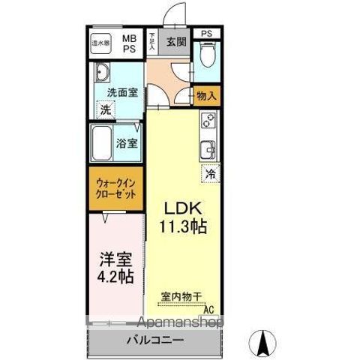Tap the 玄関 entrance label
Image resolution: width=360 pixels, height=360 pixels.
(x=176, y=41)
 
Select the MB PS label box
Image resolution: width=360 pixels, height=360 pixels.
(x=130, y=42)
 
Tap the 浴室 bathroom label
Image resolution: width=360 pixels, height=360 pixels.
(x=126, y=142)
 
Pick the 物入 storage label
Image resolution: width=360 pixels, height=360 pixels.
(x=206, y=95)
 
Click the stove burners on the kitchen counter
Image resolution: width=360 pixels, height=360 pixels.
(x=208, y=120)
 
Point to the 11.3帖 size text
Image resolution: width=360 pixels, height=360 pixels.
(x=183, y=225)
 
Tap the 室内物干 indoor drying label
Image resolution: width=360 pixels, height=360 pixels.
(x=181, y=297)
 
